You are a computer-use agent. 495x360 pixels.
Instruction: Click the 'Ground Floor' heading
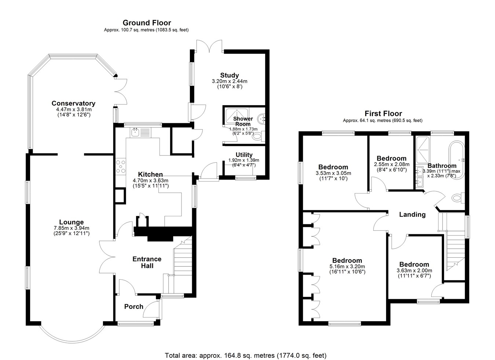[147, 23]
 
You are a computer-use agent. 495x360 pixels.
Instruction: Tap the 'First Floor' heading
[383, 114]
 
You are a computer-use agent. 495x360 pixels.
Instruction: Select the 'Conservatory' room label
[73, 103]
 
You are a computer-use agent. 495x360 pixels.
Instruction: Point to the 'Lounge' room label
[71, 222]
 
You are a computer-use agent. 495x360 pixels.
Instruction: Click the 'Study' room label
[230, 76]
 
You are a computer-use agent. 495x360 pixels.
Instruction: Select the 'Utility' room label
[244, 155]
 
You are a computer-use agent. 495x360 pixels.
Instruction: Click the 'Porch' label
[134, 306]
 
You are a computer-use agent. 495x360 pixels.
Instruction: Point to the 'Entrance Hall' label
[147, 262]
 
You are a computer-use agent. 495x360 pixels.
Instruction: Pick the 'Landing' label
[412, 214]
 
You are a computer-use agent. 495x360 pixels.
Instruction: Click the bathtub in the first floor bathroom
[456, 160]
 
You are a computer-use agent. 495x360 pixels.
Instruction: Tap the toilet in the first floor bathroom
[458, 198]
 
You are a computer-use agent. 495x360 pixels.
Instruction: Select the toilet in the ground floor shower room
[258, 136]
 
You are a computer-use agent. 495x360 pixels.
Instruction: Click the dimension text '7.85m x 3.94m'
[71, 228]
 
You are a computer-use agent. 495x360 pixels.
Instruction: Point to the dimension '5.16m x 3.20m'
[347, 267]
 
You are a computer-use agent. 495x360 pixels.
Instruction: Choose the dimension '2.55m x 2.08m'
[392, 165]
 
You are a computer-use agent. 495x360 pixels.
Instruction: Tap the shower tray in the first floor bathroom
[423, 150]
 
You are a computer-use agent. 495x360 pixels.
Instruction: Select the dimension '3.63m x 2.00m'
[414, 271]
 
